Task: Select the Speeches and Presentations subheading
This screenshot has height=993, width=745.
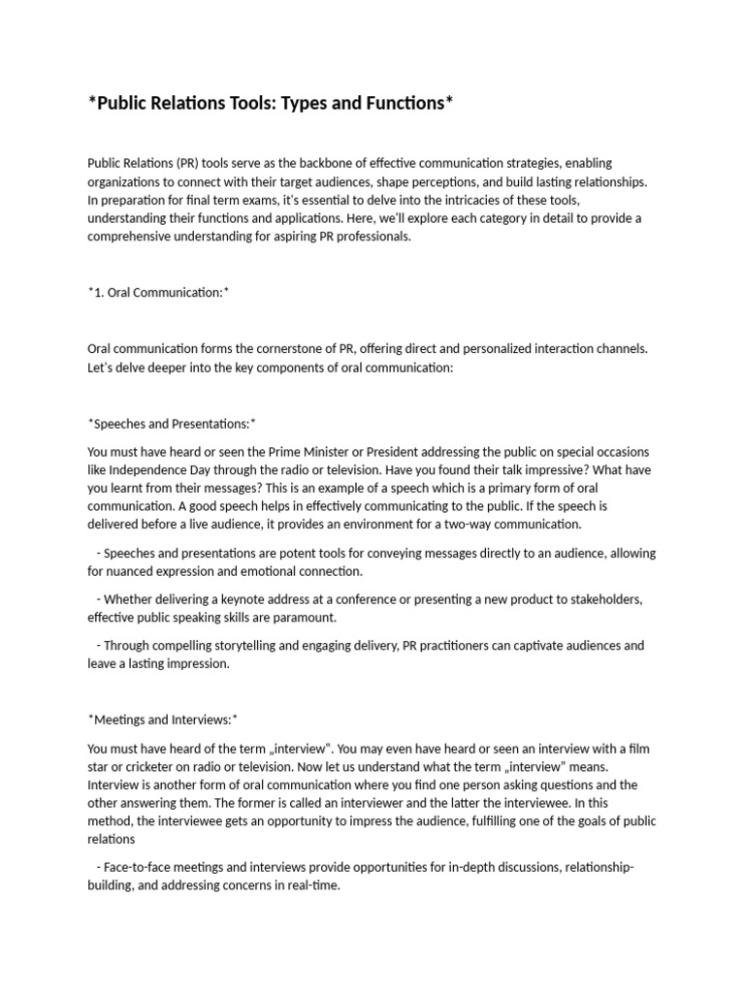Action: coord(172,424)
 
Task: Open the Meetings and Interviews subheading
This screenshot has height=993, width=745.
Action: coord(163,719)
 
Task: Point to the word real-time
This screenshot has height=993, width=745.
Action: coord(310,885)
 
